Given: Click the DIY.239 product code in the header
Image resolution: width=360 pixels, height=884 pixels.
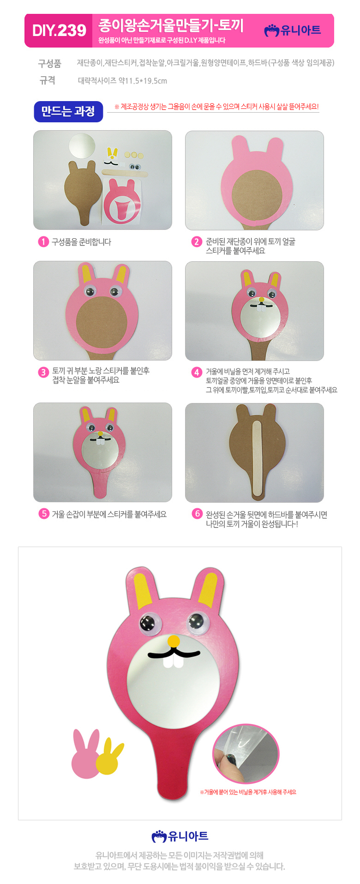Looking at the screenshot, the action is tap(59, 30).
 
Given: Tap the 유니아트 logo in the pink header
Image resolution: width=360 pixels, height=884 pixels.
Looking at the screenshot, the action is tap(293, 30).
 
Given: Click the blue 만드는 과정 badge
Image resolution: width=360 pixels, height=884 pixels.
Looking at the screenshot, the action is tap(68, 111).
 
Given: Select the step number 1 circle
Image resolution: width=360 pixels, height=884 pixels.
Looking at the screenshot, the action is tap(43, 242).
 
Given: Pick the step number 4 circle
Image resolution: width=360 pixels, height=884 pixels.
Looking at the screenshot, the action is tap(197, 372).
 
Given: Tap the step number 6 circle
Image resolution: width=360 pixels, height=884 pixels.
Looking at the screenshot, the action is tap(197, 514).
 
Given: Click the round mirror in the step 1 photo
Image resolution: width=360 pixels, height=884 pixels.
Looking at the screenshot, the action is tap(82, 145).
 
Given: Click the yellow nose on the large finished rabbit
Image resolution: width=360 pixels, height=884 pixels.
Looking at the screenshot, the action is tap(174, 641).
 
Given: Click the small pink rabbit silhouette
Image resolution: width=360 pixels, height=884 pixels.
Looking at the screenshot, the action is tap(86, 753).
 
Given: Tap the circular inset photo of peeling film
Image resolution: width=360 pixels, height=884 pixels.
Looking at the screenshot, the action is tap(246, 754).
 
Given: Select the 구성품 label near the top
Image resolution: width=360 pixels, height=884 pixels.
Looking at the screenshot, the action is tap(49, 63).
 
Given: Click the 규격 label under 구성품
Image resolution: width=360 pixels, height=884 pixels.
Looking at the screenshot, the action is tap(48, 80).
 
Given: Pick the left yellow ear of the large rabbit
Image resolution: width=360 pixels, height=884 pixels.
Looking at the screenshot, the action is tap(144, 589).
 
